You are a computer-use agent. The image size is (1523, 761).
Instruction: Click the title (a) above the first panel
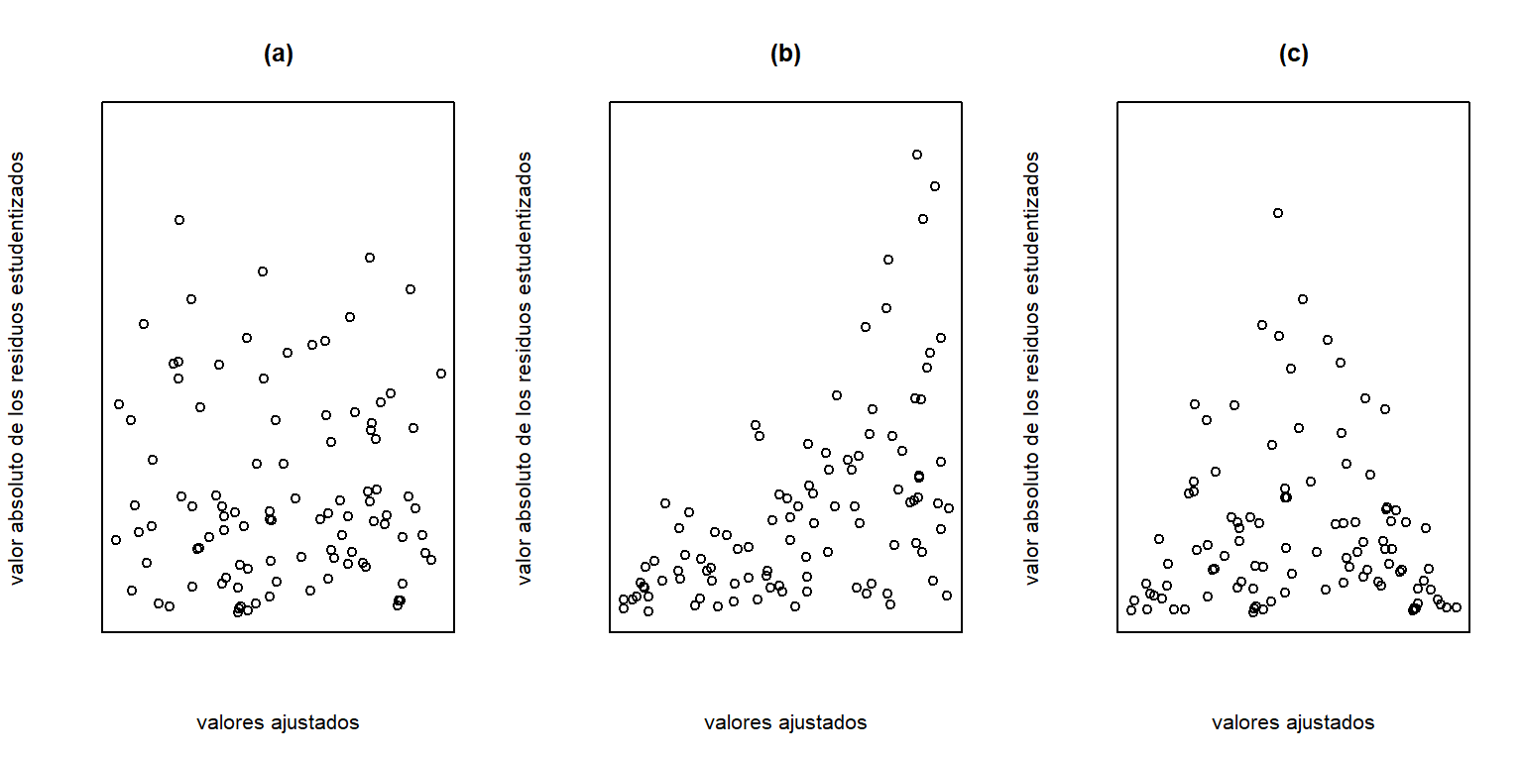[x=279, y=54]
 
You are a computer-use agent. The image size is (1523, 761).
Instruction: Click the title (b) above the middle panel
[x=785, y=54]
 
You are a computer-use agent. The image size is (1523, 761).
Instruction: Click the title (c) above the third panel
[x=1294, y=54]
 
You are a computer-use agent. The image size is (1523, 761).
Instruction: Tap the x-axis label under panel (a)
[x=278, y=722]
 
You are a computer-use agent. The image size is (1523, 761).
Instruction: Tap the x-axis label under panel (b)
[x=785, y=722]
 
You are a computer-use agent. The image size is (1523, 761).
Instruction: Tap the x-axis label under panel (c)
[x=1293, y=722]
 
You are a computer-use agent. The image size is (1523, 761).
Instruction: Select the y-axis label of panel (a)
[x=17, y=367]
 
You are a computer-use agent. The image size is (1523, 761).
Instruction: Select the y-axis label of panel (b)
[x=525, y=367]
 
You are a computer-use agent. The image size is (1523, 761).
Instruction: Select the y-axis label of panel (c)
[x=1032, y=367]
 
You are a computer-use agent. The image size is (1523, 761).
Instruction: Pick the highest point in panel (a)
[x=179, y=220]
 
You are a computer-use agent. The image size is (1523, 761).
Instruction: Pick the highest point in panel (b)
[x=917, y=155]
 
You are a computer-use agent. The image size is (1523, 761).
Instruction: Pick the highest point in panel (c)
[x=1278, y=213]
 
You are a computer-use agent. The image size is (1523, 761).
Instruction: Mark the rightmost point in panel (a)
[x=441, y=374]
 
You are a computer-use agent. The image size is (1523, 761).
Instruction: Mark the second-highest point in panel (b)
[x=934, y=186]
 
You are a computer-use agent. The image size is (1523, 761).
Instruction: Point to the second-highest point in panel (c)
[x=1303, y=299]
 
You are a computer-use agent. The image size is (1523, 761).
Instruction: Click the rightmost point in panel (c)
[x=1457, y=607]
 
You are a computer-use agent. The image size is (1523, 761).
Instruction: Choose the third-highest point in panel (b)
[x=923, y=219]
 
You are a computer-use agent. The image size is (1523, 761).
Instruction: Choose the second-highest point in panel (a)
[x=370, y=258]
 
